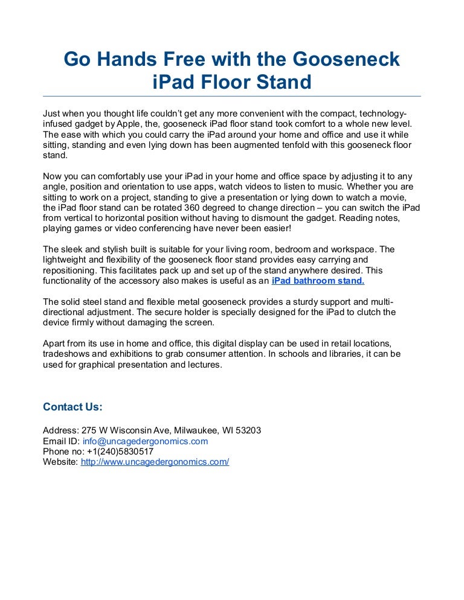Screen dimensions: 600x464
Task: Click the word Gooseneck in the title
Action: point(346,59)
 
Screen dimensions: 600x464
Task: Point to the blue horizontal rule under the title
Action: point(232,96)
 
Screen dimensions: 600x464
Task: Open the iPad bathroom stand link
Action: point(318,281)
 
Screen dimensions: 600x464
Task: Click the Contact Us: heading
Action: point(72,407)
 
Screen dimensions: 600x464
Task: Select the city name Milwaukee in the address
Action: point(200,431)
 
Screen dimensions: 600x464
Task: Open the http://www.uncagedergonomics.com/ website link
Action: point(155,462)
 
